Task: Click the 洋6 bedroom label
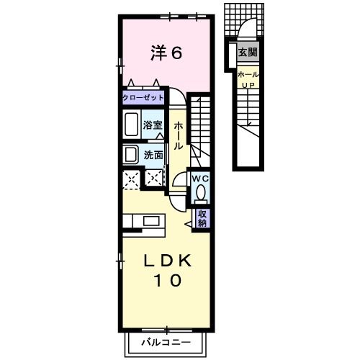(166, 53)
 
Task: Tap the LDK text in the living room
(168, 261)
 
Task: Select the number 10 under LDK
(168, 280)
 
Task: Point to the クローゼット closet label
(143, 98)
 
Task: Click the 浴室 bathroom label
(153, 125)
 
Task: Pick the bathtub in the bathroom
(132, 124)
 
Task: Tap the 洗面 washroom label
(153, 155)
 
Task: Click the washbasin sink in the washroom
(131, 154)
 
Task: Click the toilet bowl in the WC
(200, 194)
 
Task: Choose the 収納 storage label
(202, 219)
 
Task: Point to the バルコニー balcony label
(166, 342)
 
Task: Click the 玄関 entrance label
(248, 52)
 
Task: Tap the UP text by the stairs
(248, 85)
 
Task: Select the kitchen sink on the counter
(151, 221)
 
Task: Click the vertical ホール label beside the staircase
(178, 136)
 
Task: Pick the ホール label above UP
(248, 75)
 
